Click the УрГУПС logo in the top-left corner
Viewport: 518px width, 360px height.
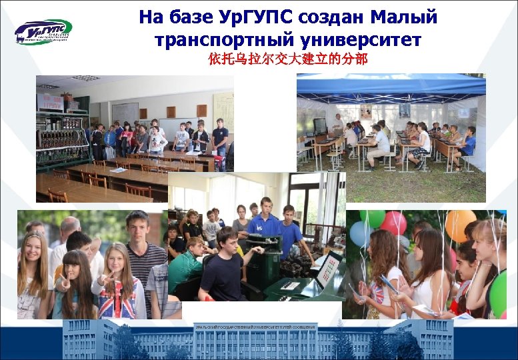tap(43, 31)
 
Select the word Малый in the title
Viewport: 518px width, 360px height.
tap(391, 15)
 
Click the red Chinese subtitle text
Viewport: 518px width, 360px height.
tap(288, 60)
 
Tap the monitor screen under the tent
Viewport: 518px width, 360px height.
tap(320, 125)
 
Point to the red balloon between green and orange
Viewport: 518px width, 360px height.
tap(393, 223)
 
